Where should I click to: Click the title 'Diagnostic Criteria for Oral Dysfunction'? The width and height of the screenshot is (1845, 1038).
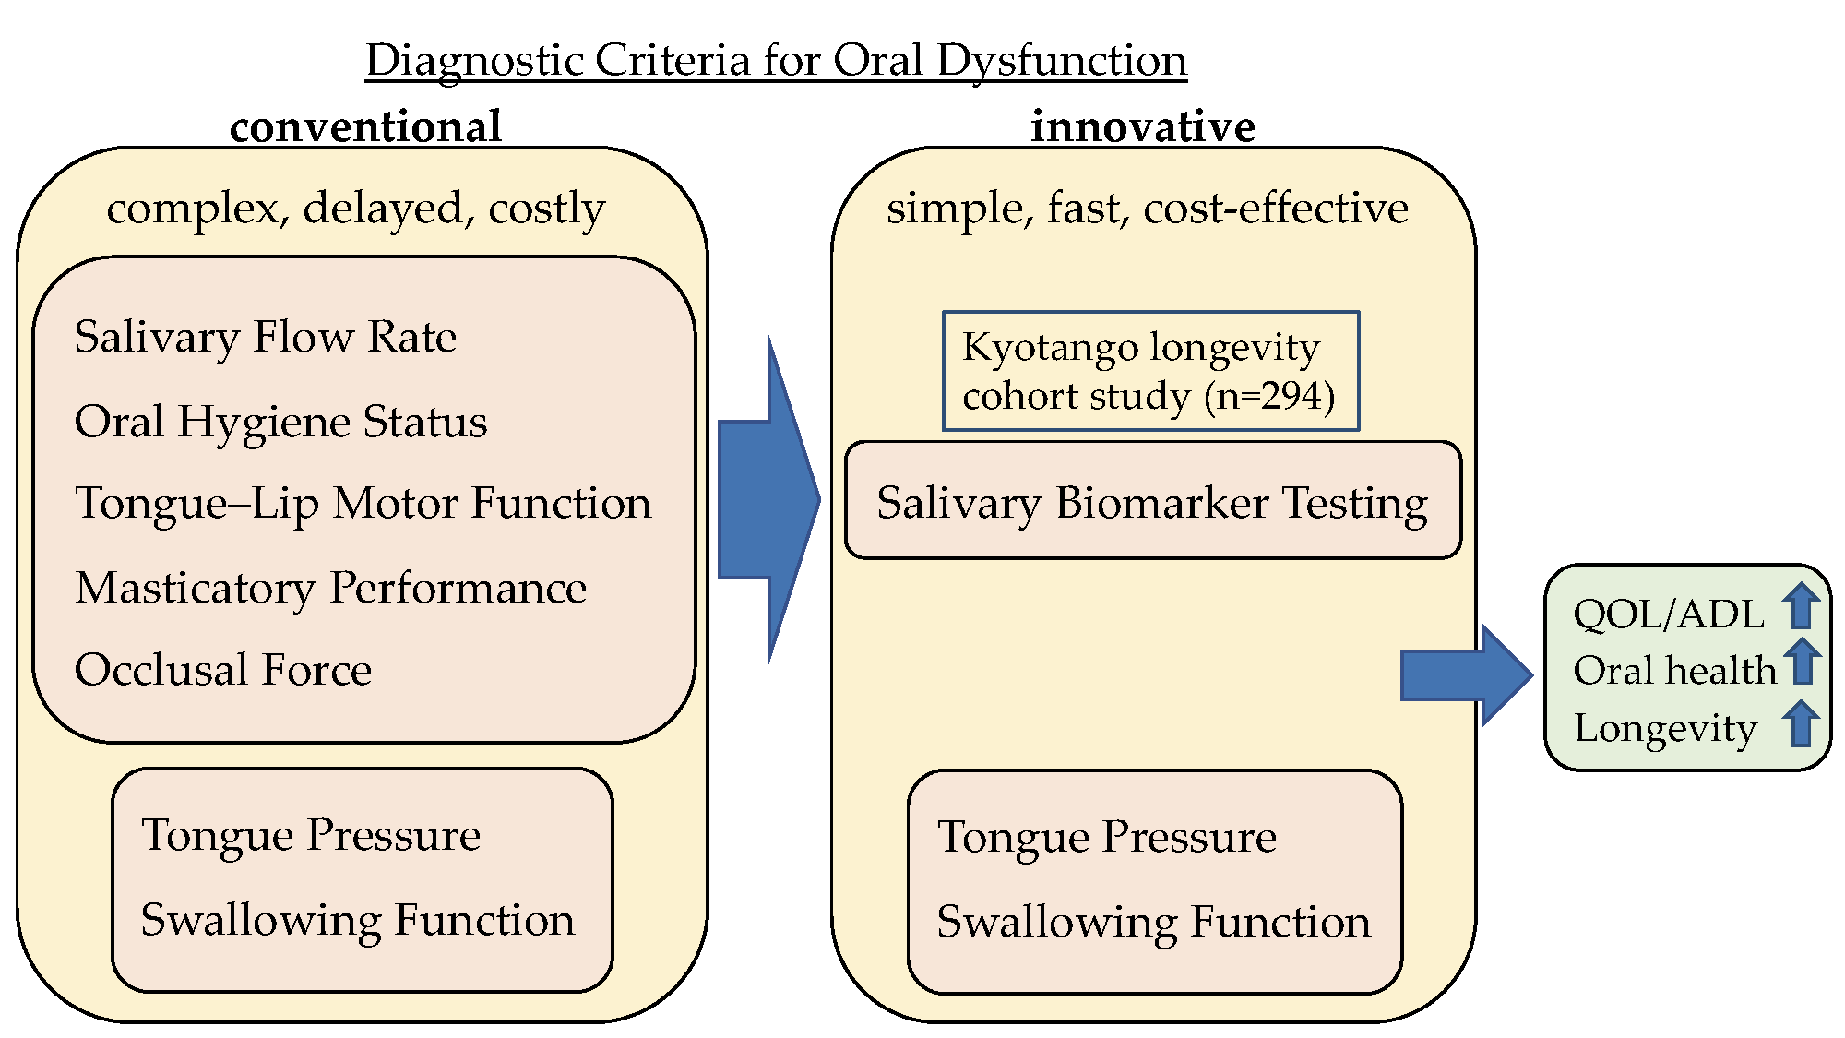(x=776, y=61)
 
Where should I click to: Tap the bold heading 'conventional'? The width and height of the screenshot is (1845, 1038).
(x=365, y=126)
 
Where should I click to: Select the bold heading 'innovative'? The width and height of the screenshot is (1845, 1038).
(x=1142, y=126)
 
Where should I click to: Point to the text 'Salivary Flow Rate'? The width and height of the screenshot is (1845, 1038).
(x=266, y=337)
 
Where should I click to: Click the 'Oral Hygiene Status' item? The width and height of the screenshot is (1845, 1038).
(x=280, y=422)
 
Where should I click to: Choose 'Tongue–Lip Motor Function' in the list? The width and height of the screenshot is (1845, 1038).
(x=363, y=504)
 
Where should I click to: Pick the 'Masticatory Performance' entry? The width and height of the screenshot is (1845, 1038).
(x=331, y=588)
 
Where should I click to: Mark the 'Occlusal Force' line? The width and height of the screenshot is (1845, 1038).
(x=223, y=670)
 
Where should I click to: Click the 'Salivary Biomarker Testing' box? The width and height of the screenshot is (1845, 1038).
(x=1152, y=502)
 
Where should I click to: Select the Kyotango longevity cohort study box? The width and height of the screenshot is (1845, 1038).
(x=1149, y=371)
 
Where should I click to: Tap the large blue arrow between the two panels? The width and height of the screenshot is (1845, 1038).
(x=768, y=500)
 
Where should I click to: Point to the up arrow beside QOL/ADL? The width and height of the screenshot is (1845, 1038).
(x=1800, y=606)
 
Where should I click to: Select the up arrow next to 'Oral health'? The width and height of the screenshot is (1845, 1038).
(x=1802, y=662)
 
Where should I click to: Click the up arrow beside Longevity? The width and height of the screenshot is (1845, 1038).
(x=1800, y=723)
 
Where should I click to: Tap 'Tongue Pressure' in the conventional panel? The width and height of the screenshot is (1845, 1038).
(x=311, y=835)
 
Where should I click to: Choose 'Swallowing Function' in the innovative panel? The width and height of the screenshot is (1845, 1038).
(x=1153, y=922)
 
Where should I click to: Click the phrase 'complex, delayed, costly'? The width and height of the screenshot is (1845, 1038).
(x=356, y=209)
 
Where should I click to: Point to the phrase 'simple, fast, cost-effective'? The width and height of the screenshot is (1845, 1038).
(x=1147, y=209)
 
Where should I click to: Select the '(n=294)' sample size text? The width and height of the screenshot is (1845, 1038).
(x=1269, y=397)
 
